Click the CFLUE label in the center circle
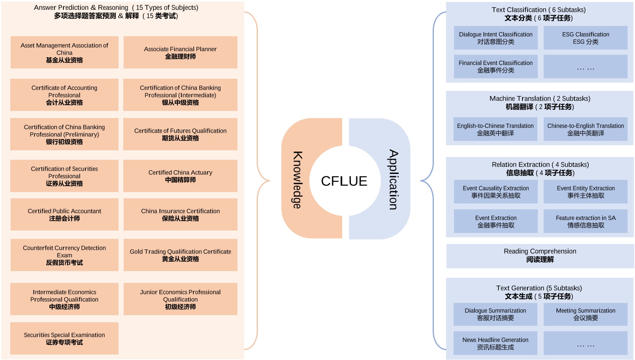click(x=344, y=181)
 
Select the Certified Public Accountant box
click(x=64, y=214)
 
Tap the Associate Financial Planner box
click(x=180, y=52)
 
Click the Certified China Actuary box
click(x=180, y=176)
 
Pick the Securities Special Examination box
click(x=64, y=338)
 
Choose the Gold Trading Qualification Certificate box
click(x=180, y=255)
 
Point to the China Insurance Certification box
click(x=180, y=214)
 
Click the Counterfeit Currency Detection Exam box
click(x=64, y=255)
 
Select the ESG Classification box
click(x=585, y=38)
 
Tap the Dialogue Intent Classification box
click(x=496, y=38)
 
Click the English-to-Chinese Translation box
click(x=495, y=129)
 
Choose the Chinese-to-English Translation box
click(x=585, y=129)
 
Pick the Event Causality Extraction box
click(x=496, y=192)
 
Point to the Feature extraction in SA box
click(x=585, y=221)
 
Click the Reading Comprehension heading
click(x=540, y=255)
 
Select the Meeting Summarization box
click(x=585, y=314)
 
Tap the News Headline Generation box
click(x=495, y=343)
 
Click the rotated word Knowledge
click(x=298, y=180)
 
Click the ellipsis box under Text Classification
click(x=585, y=66)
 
